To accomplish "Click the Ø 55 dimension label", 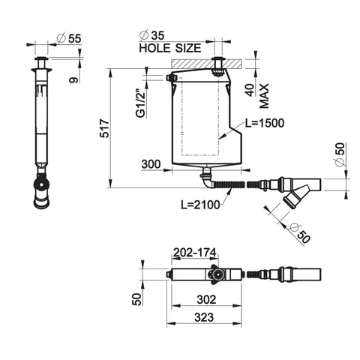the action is click(69, 38).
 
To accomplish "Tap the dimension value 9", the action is click(73, 80).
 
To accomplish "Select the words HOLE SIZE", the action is click(170, 48).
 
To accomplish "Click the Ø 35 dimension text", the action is click(152, 35).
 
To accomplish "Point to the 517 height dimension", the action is click(104, 129).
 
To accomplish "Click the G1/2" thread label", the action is click(141, 103).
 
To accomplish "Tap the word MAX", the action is click(264, 96).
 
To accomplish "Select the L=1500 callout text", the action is click(265, 123).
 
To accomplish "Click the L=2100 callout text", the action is click(200, 205).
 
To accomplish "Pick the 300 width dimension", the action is click(151, 164).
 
